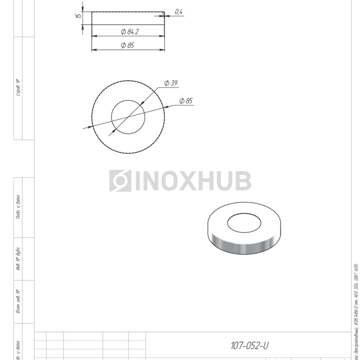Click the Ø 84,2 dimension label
[130, 32]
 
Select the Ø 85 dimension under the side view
[128, 45]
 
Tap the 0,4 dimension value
[179, 11]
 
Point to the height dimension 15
[79, 16]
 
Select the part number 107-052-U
[249, 346]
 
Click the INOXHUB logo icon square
[120, 181]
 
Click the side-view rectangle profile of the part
[128, 17]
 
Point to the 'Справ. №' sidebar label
[18, 87]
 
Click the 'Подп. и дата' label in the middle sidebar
[18, 207]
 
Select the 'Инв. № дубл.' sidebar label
[18, 258]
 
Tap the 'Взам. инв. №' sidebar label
[18, 301]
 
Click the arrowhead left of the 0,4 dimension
[167, 15]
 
